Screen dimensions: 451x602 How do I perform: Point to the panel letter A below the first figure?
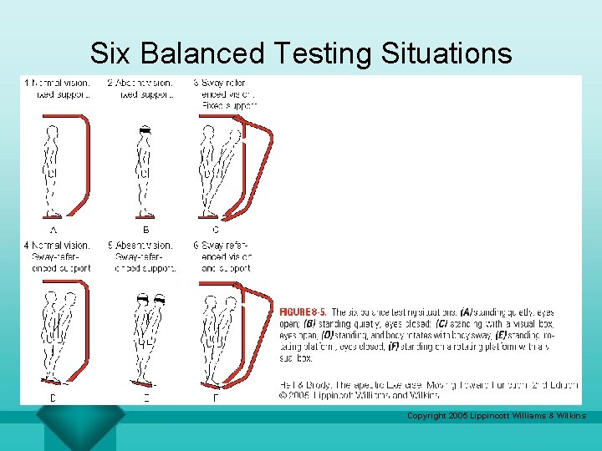[x=54, y=229]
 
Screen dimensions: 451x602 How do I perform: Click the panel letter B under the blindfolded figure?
[x=146, y=229]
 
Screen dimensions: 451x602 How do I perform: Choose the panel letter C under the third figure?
[x=216, y=229]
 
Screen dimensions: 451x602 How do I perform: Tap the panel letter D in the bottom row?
[x=54, y=398]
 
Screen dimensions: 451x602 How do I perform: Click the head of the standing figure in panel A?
[x=53, y=131]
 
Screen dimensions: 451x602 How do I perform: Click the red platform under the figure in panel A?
[x=54, y=216]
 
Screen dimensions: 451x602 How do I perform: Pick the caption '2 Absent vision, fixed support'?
[x=140, y=89]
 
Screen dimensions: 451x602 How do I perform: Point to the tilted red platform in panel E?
[x=145, y=383]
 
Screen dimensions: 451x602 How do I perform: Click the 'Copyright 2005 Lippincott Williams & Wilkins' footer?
[x=496, y=415]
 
